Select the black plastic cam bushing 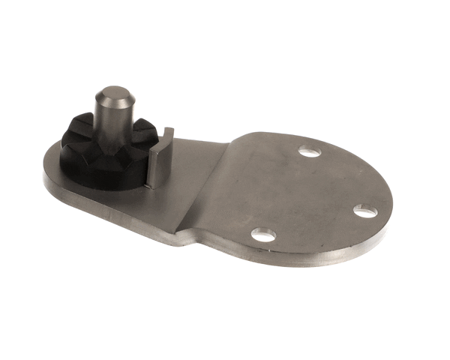click(x=101, y=154)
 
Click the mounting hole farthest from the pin click(x=365, y=211)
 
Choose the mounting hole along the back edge click(x=309, y=151)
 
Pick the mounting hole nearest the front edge click(x=262, y=235)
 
